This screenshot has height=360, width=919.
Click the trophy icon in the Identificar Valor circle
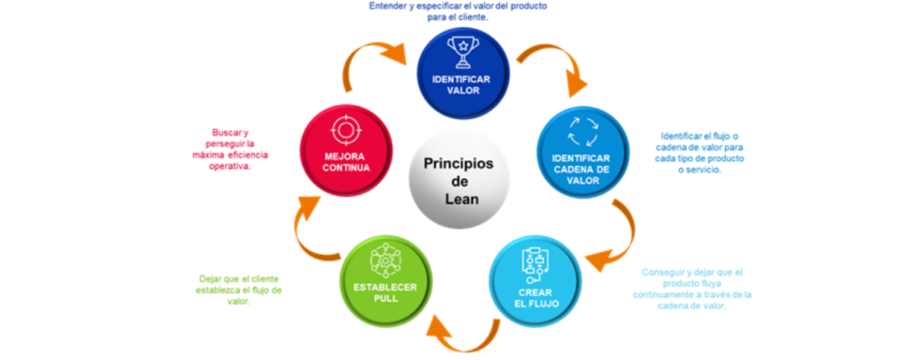click(462, 51)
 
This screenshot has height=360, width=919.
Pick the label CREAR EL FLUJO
click(535, 296)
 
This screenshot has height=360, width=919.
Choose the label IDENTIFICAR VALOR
click(462, 85)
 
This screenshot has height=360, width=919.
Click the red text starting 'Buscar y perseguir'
click(228, 149)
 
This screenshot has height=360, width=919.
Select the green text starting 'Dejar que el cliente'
click(240, 290)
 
